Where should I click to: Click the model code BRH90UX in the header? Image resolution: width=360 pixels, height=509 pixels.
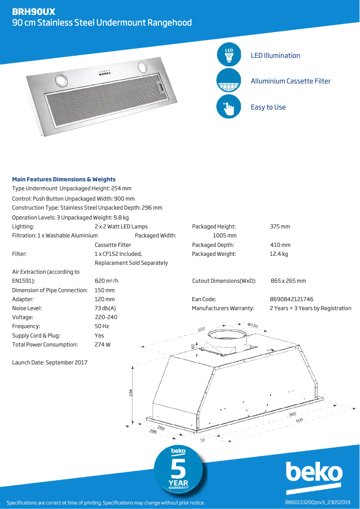point(34,12)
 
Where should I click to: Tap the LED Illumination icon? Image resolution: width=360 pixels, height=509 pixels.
point(229,55)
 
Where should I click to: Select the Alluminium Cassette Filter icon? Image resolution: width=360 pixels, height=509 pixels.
point(229,81)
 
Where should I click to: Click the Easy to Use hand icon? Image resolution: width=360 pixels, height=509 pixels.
point(229,107)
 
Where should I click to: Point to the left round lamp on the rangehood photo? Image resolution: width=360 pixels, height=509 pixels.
point(61,81)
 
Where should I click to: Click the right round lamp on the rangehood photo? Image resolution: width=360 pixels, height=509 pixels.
point(143,67)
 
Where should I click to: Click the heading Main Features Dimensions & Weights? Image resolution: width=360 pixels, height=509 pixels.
point(64,179)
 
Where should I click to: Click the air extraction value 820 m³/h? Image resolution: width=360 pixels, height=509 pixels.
point(106,281)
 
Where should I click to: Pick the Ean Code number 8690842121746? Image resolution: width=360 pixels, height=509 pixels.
point(291,299)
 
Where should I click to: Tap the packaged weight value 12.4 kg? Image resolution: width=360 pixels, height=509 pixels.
point(279,254)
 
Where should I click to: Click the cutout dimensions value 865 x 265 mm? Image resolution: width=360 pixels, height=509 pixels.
point(288,281)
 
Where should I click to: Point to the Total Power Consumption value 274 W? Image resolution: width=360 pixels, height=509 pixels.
point(102,345)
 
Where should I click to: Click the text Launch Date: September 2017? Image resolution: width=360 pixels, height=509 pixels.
point(50,362)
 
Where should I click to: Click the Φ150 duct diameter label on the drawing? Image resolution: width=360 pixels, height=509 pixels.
point(253,325)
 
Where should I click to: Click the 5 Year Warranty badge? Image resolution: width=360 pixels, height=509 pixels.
point(178,471)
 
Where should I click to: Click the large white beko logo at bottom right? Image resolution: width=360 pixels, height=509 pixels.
point(314,473)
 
